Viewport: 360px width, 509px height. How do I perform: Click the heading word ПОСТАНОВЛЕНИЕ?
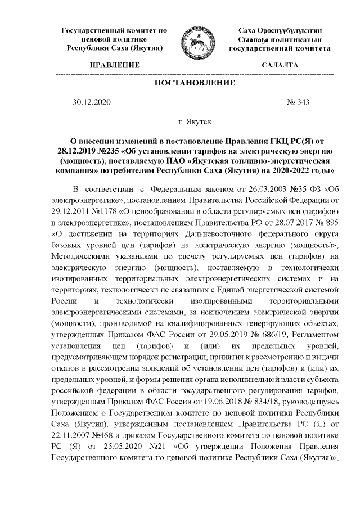(195, 83)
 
